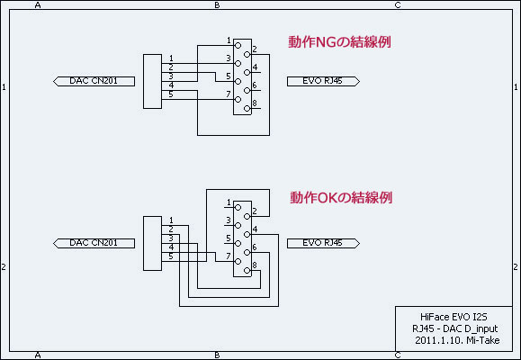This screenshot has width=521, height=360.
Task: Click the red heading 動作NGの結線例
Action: (x=339, y=42)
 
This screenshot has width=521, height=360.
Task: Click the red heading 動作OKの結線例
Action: (x=341, y=197)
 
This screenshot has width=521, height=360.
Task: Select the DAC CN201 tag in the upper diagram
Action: (x=94, y=81)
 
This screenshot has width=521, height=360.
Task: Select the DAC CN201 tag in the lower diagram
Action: (x=94, y=243)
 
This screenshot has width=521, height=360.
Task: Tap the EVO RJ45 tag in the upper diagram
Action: (x=323, y=81)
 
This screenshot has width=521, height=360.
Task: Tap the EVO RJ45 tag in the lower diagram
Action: (x=323, y=243)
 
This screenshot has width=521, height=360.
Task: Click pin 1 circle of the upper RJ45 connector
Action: (x=238, y=45)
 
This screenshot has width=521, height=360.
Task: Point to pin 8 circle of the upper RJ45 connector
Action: (x=247, y=108)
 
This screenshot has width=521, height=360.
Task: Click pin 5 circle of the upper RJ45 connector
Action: (x=238, y=81)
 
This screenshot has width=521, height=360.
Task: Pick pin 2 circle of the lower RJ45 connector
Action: (x=247, y=216)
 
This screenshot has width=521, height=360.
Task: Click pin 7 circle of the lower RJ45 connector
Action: (x=238, y=262)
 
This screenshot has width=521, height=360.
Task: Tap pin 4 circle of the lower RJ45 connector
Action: (x=247, y=234)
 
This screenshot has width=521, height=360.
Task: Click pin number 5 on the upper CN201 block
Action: (x=171, y=94)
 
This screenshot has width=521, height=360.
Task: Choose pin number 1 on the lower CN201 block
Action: (x=171, y=220)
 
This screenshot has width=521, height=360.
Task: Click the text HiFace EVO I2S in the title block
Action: (x=454, y=317)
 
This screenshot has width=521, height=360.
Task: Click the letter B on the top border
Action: (x=217, y=4)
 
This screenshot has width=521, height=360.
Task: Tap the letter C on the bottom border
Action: (x=398, y=355)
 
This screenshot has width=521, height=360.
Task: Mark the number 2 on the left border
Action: (x=4, y=267)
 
